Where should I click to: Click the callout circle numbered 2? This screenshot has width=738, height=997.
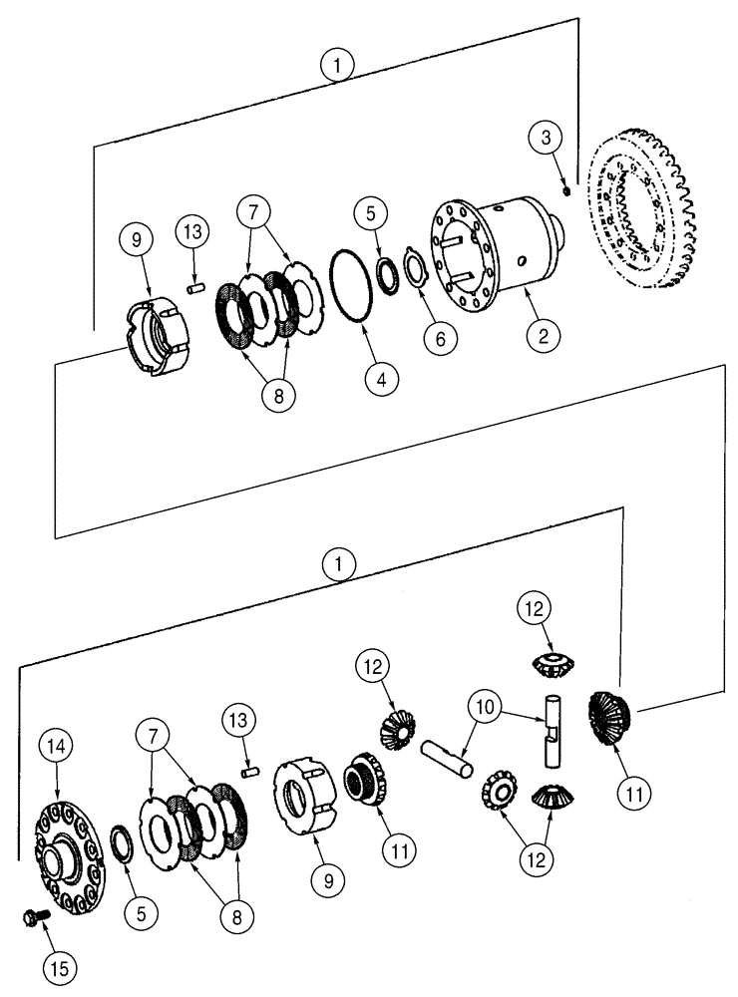pos(543,337)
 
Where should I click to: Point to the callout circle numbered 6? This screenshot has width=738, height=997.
pos(435,339)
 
